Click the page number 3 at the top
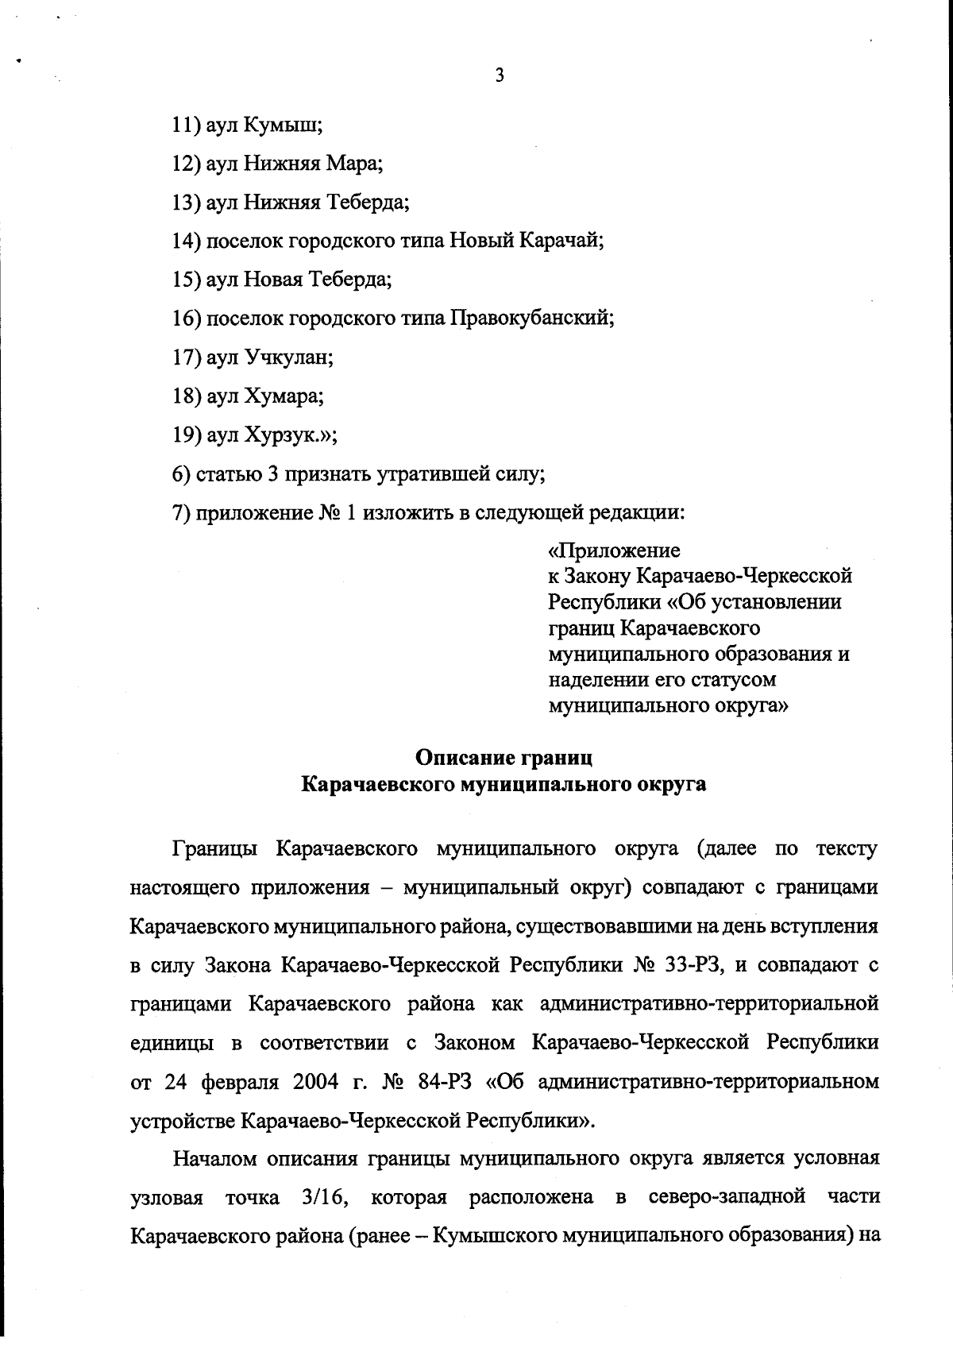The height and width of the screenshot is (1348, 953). click(x=499, y=76)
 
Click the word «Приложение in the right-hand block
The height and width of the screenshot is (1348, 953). click(x=614, y=550)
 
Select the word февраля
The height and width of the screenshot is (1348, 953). click(x=239, y=1083)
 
